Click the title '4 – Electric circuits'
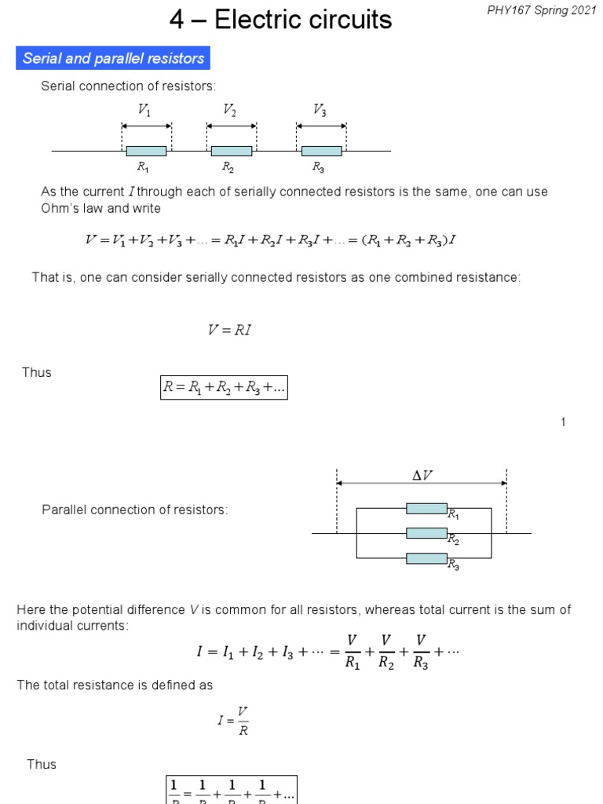[280, 20]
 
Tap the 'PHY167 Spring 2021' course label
[546, 12]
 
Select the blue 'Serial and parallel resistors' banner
[113, 58]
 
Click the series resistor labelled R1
[146, 151]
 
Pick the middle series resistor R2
[231, 151]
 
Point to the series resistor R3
[321, 151]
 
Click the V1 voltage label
[144, 110]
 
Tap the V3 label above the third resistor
[320, 110]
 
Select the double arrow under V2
[231, 126]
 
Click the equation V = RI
[229, 331]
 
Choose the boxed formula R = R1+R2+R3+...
[224, 386]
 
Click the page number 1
[563, 422]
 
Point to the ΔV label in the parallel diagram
[422, 475]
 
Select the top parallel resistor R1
[426, 509]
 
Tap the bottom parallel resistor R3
[426, 558]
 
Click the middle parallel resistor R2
[426, 533]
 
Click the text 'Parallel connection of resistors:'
[134, 510]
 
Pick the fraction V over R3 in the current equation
[422, 652]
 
